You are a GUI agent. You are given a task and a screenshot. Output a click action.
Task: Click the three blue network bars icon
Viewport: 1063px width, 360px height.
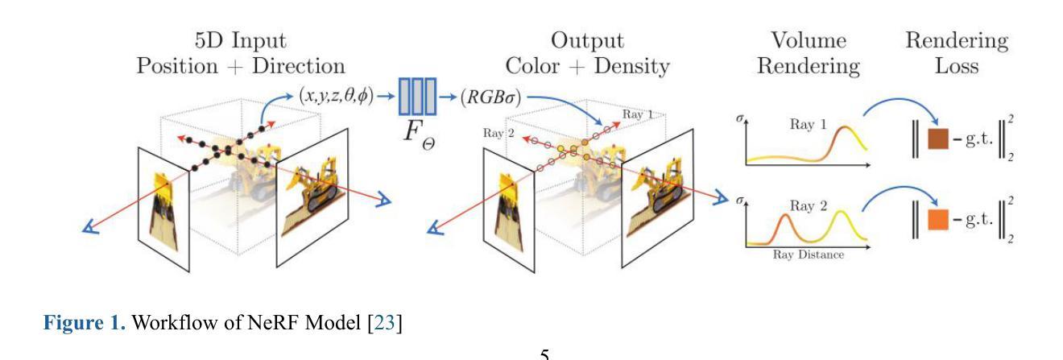tap(418, 95)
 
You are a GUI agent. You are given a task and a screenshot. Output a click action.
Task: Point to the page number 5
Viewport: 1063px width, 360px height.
tap(545, 354)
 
